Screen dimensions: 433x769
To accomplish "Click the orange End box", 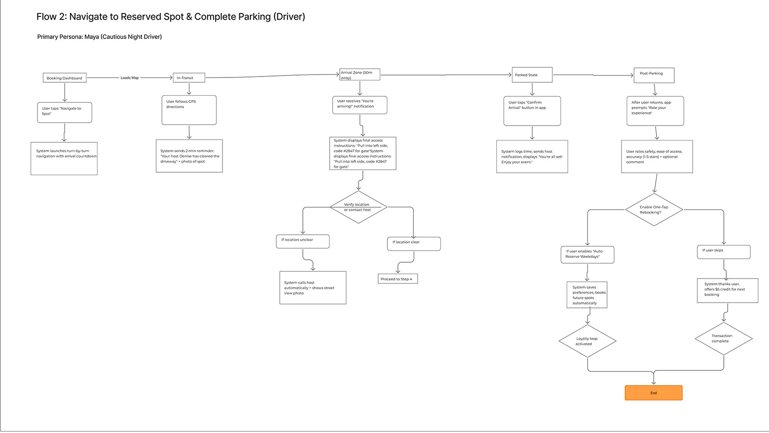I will (x=653, y=393).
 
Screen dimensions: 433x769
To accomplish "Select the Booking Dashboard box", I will (x=64, y=78).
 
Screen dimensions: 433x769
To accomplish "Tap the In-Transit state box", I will (x=189, y=77).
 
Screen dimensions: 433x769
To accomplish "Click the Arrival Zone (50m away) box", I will (x=360, y=75).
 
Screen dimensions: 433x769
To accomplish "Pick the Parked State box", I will (x=532, y=75).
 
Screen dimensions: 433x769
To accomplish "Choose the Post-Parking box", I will (x=654, y=75).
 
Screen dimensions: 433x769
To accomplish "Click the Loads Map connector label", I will (x=129, y=78).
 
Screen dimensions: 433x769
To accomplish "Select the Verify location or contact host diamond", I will (x=358, y=207).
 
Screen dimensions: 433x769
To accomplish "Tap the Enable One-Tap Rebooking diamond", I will (x=654, y=210).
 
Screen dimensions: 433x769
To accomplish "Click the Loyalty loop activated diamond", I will (x=587, y=341).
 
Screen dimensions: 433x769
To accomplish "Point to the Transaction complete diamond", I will (x=723, y=339).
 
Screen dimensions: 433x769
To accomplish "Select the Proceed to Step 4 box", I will (x=397, y=279).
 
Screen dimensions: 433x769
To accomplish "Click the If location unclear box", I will (x=302, y=241).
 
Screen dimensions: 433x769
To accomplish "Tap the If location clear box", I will (x=413, y=243).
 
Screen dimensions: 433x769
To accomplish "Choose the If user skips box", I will (x=723, y=252).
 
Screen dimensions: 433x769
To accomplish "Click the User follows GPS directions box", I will (x=189, y=110).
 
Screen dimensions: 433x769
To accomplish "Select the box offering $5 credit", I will (x=727, y=290).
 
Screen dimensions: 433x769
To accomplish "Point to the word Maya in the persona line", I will (x=91, y=37).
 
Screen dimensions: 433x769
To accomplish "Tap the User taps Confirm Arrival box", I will (x=532, y=111).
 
